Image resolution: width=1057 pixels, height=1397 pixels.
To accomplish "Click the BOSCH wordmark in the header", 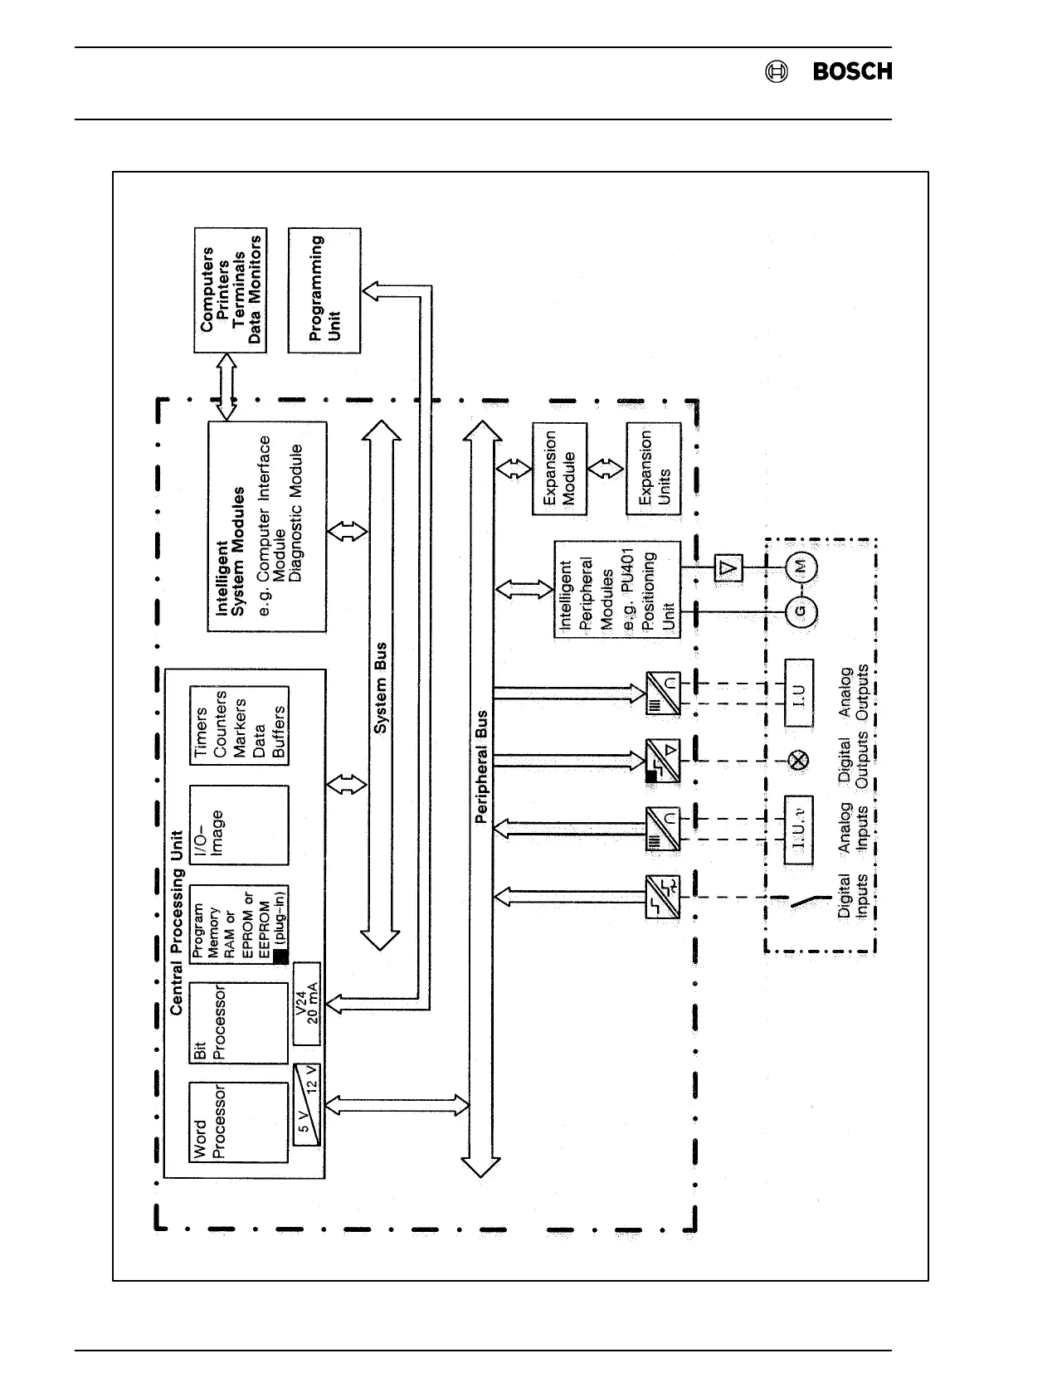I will (x=852, y=72).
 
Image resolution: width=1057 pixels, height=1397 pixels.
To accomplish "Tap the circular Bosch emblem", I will (x=777, y=72).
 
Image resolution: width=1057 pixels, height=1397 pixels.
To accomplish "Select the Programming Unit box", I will (x=324, y=290).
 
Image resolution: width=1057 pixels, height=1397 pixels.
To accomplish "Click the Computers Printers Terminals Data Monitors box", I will (x=231, y=290).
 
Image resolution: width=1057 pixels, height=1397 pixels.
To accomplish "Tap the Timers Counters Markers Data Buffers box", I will (x=239, y=725).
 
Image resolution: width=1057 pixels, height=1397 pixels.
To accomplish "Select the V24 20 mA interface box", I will (x=307, y=1004).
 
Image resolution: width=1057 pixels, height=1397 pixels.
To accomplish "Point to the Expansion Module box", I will (x=558, y=469).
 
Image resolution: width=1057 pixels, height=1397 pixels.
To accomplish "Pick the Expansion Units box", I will (x=654, y=469).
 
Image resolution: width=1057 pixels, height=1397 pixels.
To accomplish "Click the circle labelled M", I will (x=801, y=567).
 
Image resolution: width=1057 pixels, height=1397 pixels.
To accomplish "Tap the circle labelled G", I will (x=801, y=612).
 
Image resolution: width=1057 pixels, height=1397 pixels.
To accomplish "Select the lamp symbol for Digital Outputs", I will (x=799, y=760).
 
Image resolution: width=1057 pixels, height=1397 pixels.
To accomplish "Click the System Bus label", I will (x=381, y=689).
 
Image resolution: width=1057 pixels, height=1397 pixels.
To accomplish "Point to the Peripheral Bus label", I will (x=482, y=767).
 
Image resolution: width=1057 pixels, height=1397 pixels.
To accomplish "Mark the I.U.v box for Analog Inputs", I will (x=799, y=830).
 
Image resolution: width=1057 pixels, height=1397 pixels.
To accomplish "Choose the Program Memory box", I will (x=239, y=924).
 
